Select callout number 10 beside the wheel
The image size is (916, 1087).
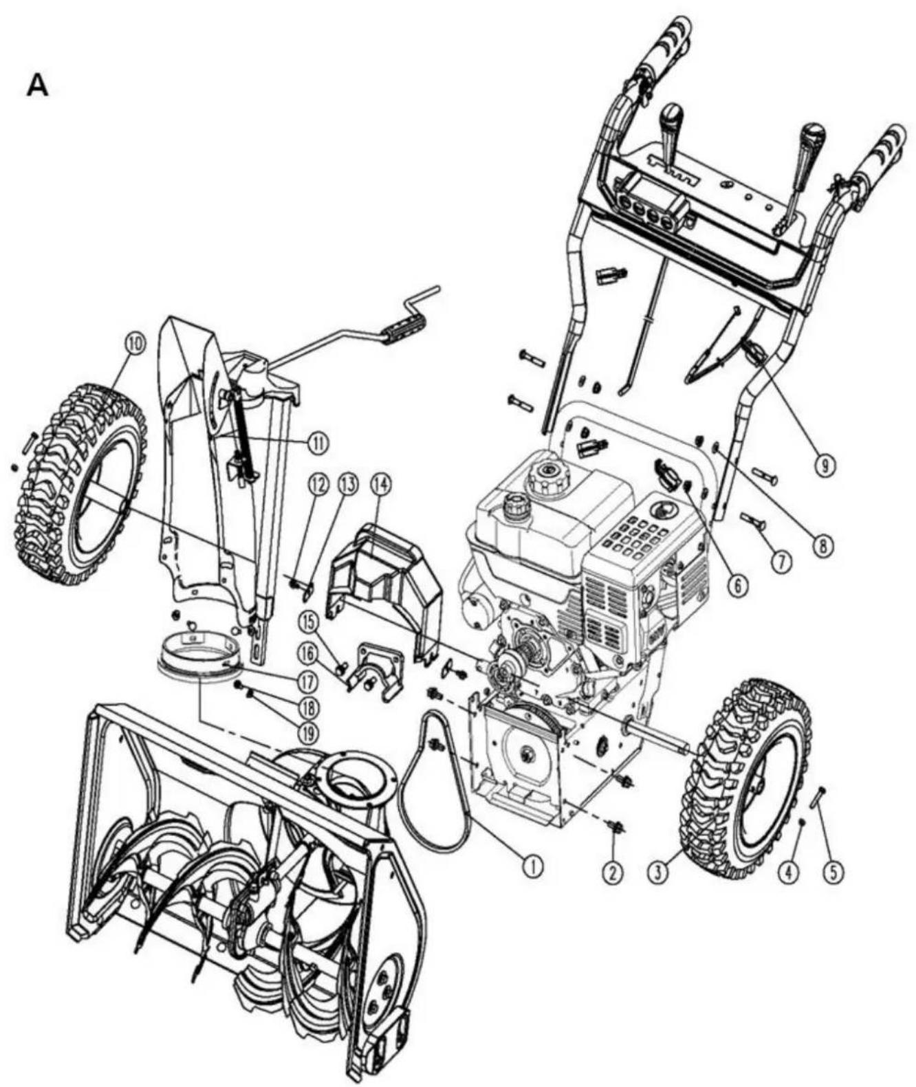click(134, 347)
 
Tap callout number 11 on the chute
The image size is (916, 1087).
click(318, 443)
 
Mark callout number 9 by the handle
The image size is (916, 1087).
click(823, 465)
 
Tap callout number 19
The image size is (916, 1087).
click(308, 732)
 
